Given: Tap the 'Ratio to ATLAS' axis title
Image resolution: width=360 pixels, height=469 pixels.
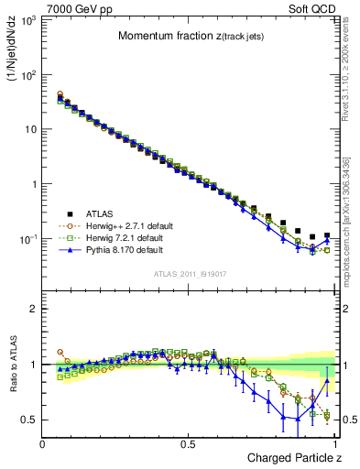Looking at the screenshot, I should point(12,365).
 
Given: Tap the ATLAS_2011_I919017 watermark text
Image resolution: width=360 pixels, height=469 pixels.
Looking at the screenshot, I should point(189,272).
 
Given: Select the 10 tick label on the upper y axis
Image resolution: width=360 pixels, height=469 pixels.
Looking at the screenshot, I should point(31,129).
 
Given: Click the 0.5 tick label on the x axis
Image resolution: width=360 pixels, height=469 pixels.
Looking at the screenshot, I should point(189,443).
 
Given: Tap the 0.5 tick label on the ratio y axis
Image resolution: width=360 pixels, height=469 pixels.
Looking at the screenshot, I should point(29,420).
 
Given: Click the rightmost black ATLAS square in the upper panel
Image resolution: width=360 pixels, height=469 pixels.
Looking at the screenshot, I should point(327,235).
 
